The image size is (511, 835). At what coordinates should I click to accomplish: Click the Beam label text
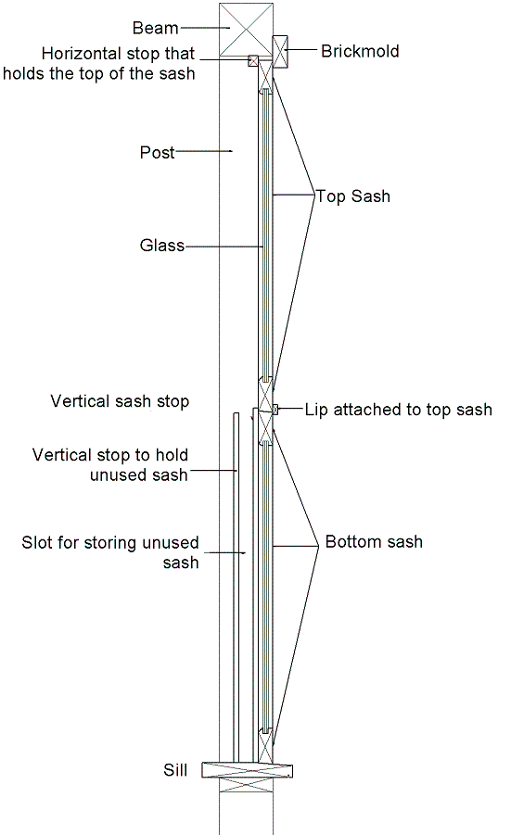click(156, 28)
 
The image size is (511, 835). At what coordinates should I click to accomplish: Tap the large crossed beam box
click(246, 29)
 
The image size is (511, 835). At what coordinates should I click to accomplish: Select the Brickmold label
click(360, 51)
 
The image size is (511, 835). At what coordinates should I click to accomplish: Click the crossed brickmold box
click(280, 52)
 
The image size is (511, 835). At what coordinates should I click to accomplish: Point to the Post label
click(157, 152)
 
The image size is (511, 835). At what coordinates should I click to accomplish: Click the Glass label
click(162, 246)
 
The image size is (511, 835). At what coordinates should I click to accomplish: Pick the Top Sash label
click(353, 196)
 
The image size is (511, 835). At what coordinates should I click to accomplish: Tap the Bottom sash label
click(374, 541)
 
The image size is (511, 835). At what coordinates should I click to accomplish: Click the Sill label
click(175, 770)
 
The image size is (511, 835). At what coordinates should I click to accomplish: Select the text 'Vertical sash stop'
click(120, 401)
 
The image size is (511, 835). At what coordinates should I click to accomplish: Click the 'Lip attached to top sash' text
click(399, 410)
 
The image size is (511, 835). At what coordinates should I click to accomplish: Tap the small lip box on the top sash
click(275, 410)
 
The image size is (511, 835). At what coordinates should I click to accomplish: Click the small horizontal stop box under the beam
click(253, 61)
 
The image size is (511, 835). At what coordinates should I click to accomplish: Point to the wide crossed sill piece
click(248, 770)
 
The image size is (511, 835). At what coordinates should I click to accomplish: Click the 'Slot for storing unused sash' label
click(110, 552)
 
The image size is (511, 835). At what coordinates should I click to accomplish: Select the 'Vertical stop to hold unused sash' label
click(110, 464)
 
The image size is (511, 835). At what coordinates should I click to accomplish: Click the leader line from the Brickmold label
click(302, 50)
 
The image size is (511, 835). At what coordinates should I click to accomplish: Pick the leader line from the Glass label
click(224, 247)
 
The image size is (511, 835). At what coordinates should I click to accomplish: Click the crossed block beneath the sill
click(246, 786)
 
